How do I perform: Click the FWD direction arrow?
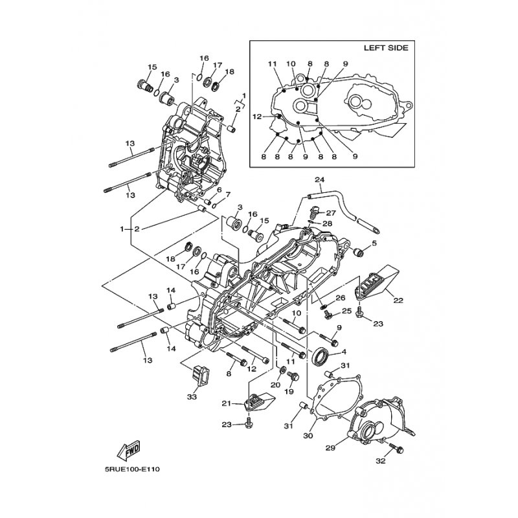tap(128, 451)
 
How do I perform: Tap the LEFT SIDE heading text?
tap(386, 48)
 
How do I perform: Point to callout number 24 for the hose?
tap(319, 180)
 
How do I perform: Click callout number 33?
tap(192, 396)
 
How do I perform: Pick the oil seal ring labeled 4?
tap(321, 356)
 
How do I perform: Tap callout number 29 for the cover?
tap(330, 447)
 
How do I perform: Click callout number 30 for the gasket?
tap(308, 436)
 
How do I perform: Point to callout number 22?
tap(398, 300)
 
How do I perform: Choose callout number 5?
tap(374, 243)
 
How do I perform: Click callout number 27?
tap(331, 213)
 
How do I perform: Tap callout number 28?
tap(327, 223)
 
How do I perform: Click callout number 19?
tap(289, 392)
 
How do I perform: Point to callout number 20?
tap(276, 385)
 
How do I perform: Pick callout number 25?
tap(346, 311)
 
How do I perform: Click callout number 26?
tap(341, 298)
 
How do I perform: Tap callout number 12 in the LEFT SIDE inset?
tap(257, 117)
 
